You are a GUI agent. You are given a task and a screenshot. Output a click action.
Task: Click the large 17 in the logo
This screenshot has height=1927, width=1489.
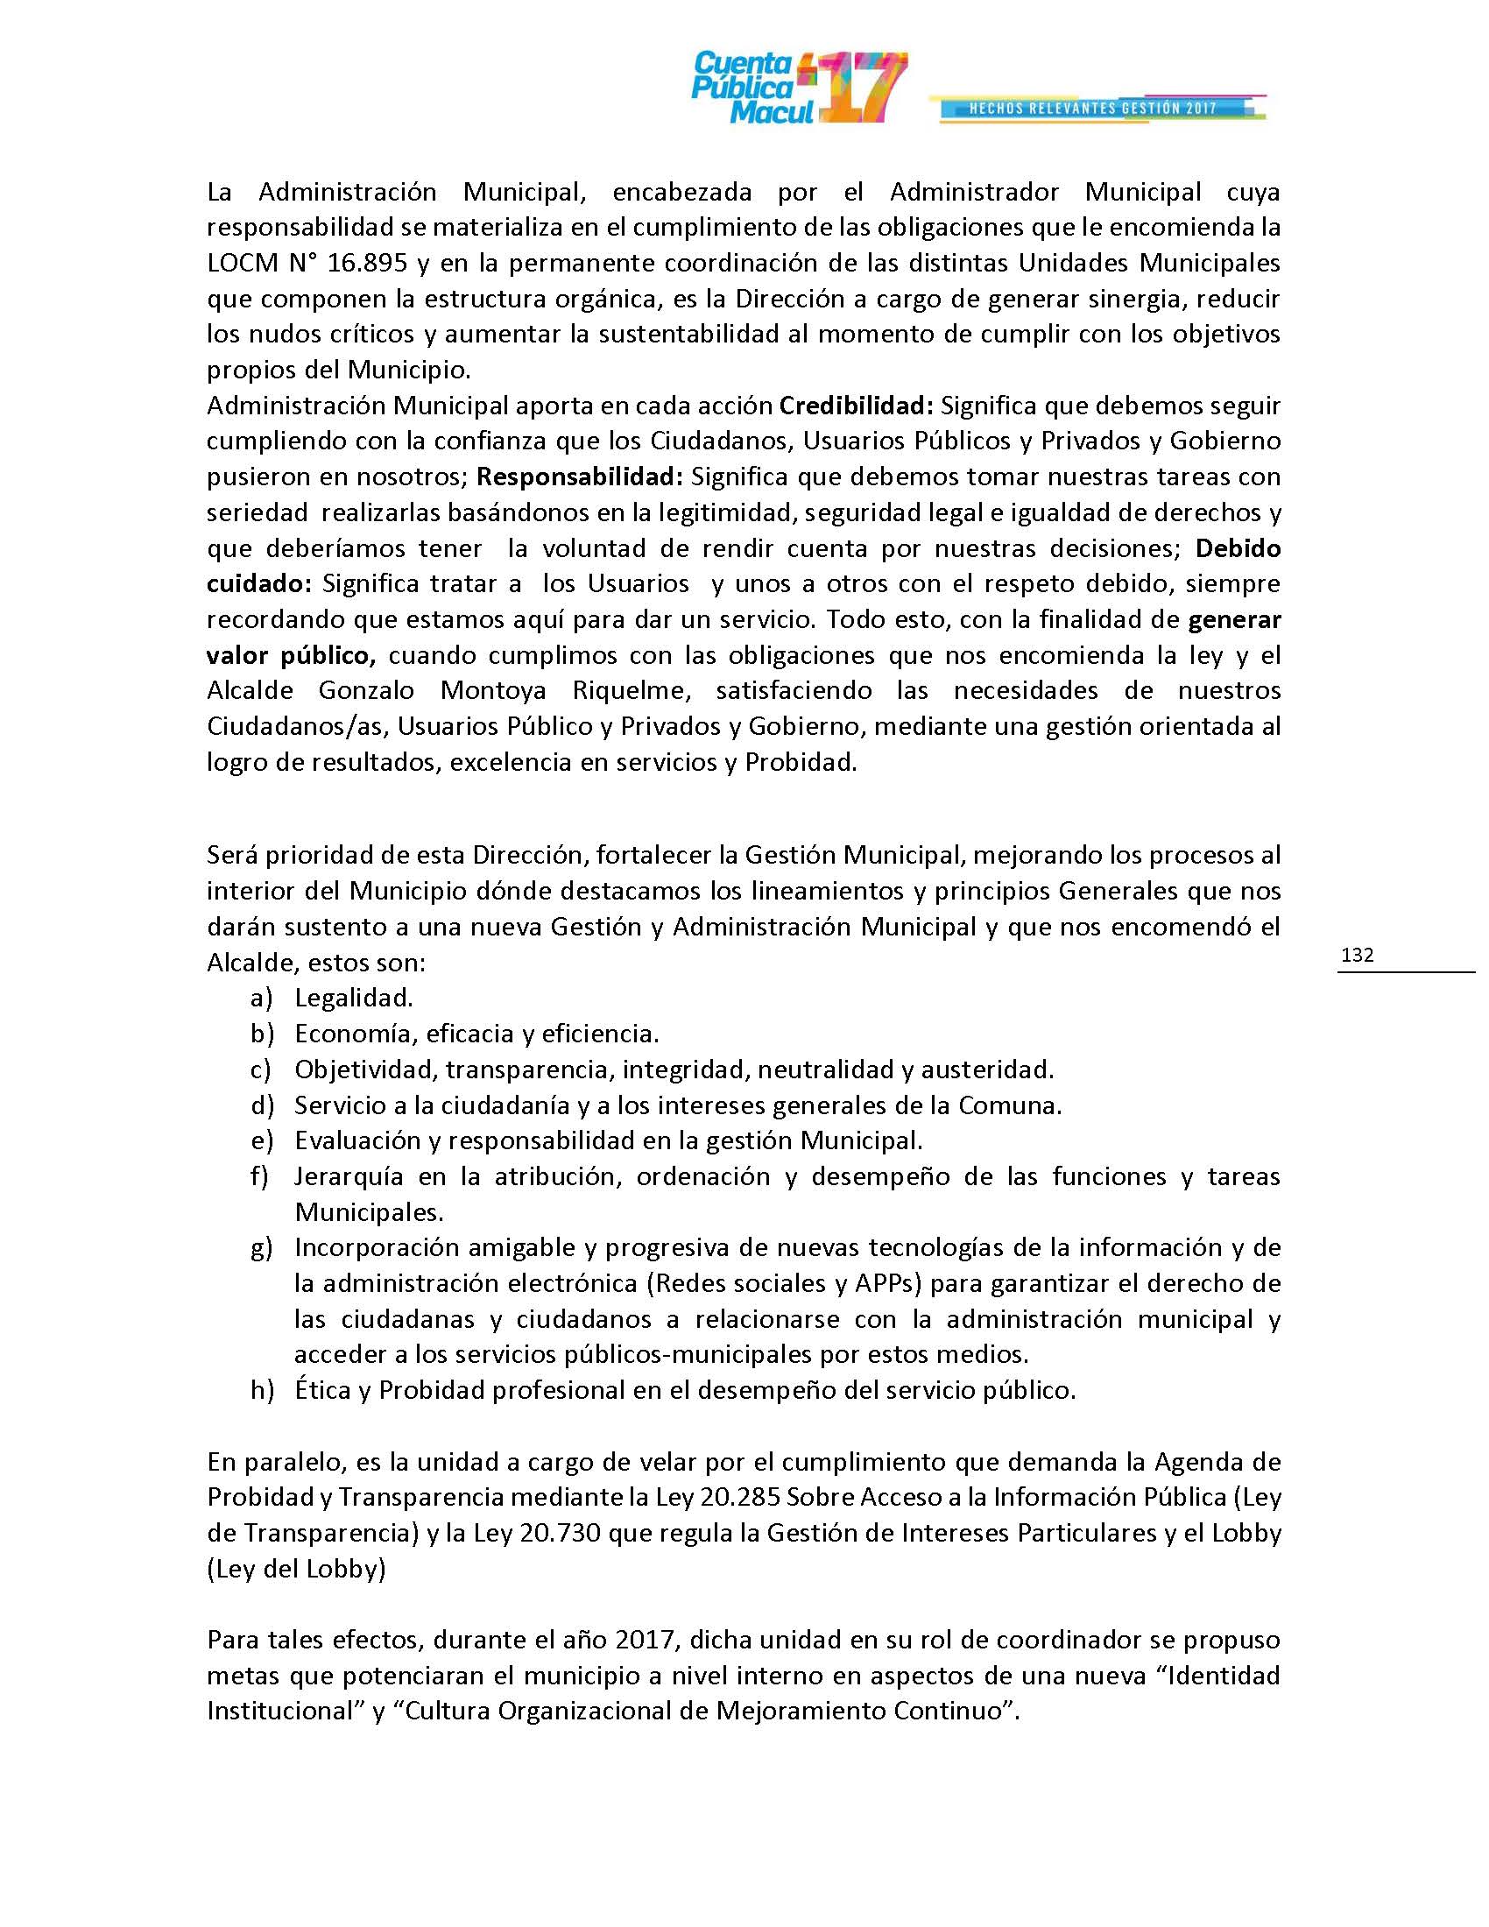(860, 88)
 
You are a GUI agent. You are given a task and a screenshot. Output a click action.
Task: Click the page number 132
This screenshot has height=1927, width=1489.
(1357, 955)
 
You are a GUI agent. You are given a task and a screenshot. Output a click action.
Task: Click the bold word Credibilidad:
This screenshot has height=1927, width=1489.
(857, 406)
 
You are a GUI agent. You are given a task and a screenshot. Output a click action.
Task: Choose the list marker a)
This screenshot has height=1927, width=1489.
(261, 998)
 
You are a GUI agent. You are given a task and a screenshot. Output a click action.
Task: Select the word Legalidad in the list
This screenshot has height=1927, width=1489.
(352, 998)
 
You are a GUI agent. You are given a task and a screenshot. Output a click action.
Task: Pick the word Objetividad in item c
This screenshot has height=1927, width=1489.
(365, 1069)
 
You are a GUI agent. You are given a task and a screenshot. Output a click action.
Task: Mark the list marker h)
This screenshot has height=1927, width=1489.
(262, 1390)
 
